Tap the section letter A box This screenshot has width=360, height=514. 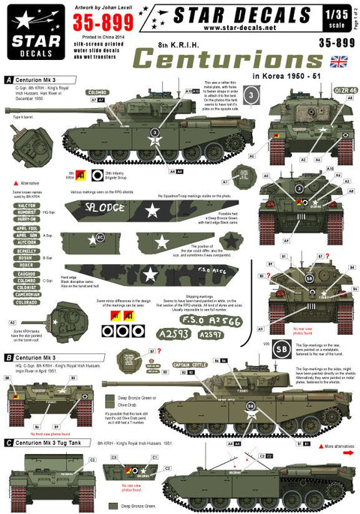coord(7,79)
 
